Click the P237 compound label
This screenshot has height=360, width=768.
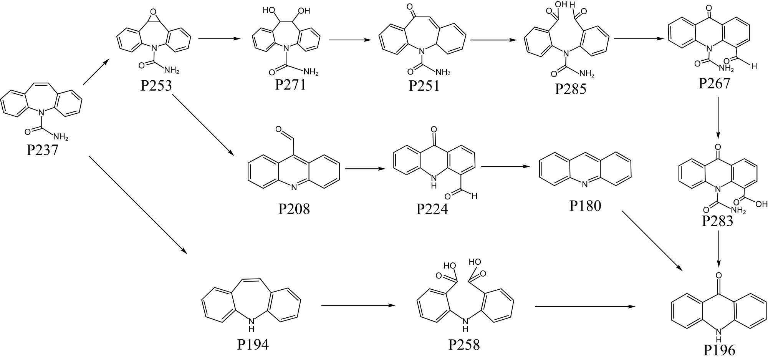[42, 149]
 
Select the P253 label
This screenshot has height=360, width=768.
[156, 85]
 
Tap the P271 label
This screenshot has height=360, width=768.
[290, 85]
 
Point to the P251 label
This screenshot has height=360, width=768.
[424, 86]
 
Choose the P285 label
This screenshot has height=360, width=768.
[571, 89]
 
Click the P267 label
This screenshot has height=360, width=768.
[714, 83]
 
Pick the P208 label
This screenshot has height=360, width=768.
[294, 209]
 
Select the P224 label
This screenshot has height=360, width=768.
[432, 209]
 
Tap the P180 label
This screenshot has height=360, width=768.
[585, 206]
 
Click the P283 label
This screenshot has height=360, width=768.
[717, 221]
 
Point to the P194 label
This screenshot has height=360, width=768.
[253, 345]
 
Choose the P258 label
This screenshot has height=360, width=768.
[464, 345]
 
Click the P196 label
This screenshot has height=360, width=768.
[719, 350]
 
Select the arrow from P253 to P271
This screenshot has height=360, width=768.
[219, 38]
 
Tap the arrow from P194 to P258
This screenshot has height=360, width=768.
[358, 305]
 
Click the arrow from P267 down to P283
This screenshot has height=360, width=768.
[718, 118]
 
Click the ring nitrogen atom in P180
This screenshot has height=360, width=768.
[585, 184]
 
